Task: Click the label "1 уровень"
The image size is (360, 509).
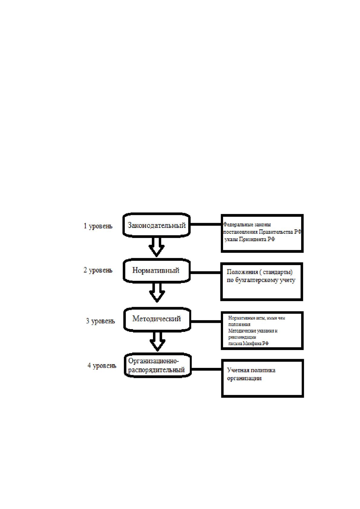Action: click(x=98, y=226)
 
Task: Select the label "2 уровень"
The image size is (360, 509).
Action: click(x=98, y=270)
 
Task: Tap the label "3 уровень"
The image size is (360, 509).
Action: click(x=100, y=321)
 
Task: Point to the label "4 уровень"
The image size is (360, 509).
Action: click(x=102, y=365)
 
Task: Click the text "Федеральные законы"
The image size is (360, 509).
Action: click(x=247, y=225)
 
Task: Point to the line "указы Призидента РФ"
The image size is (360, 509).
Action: click(x=250, y=239)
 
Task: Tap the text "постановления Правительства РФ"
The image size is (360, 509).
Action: click(x=262, y=232)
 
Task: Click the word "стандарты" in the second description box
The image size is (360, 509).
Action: click(x=277, y=272)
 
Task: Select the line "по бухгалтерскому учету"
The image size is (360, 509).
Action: click(x=261, y=280)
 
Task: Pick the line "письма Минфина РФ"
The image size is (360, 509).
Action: click(x=248, y=343)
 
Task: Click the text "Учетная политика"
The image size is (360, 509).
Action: click(x=251, y=370)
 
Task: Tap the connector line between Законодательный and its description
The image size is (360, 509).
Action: click(x=206, y=224)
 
